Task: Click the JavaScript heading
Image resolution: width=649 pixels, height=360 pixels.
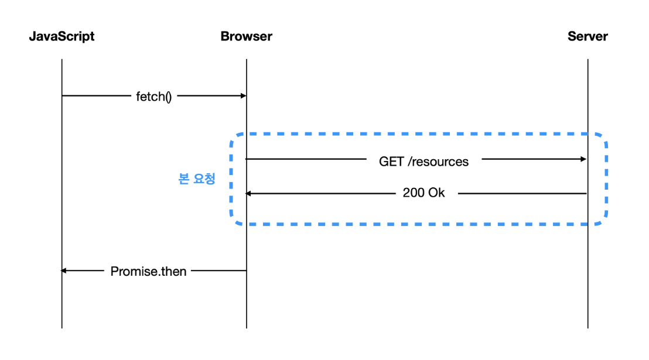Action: (62, 37)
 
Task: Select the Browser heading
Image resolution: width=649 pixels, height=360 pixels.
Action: (246, 36)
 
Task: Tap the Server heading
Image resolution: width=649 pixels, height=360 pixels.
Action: (587, 36)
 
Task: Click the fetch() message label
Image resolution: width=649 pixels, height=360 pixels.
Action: (153, 97)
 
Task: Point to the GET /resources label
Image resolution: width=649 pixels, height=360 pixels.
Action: (424, 162)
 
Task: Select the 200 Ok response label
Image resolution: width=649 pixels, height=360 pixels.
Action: (424, 193)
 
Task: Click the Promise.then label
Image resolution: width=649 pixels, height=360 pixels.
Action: (148, 272)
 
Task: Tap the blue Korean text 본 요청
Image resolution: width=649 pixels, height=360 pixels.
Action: (197, 179)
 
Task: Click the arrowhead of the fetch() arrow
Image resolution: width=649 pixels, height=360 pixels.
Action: (244, 96)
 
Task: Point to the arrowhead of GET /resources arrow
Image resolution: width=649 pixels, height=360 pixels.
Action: (584, 159)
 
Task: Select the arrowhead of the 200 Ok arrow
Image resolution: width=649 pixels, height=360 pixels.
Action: (248, 193)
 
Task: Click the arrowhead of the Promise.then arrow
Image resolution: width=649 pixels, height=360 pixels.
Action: (64, 270)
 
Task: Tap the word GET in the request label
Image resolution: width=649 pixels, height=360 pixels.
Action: (391, 162)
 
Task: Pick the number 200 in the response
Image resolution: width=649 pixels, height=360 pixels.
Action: (414, 193)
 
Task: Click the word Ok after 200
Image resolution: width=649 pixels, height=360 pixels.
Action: (436, 193)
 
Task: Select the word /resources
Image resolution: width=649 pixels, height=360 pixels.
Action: (438, 162)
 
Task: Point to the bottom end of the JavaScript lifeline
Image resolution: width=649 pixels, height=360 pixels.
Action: (62, 328)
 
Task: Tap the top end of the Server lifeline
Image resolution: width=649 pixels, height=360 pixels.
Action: (587, 60)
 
